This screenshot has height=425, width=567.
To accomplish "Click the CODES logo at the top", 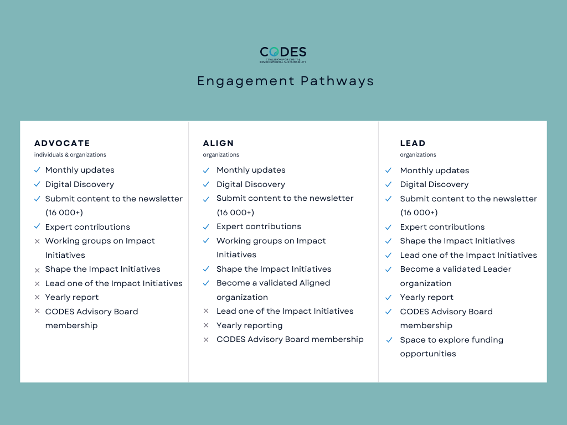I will click(283, 54).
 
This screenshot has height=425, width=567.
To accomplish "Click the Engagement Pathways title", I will click(286, 81).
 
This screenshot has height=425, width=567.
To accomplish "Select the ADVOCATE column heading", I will click(62, 143).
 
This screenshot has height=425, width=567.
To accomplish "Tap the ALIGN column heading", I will click(218, 143).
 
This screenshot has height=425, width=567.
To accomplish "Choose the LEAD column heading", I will click(413, 143).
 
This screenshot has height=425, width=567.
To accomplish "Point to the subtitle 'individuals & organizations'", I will click(70, 155).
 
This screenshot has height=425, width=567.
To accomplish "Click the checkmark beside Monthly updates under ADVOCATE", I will click(37, 170).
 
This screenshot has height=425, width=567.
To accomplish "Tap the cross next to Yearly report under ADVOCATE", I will click(37, 297).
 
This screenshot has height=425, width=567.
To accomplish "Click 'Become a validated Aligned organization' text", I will click(273, 290).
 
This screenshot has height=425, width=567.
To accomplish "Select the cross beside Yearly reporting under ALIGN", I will click(206, 325).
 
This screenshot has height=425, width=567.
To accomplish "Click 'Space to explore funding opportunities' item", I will click(451, 346).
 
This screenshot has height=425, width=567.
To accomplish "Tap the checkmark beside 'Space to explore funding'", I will click(389, 340).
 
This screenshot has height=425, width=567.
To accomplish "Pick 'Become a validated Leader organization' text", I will click(455, 276).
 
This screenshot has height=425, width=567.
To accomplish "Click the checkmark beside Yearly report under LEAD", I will click(389, 297).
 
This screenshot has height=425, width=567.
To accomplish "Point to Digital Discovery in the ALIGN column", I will click(250, 184).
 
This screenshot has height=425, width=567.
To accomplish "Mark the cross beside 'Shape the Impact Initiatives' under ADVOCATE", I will click(37, 269).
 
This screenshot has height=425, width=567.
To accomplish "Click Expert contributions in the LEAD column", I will click(442, 227).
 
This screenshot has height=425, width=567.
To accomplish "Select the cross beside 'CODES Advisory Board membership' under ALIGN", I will click(206, 339).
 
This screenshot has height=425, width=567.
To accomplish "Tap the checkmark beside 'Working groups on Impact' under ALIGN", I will click(206, 241).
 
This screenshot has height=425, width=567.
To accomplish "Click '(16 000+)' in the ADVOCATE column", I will click(64, 212).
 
